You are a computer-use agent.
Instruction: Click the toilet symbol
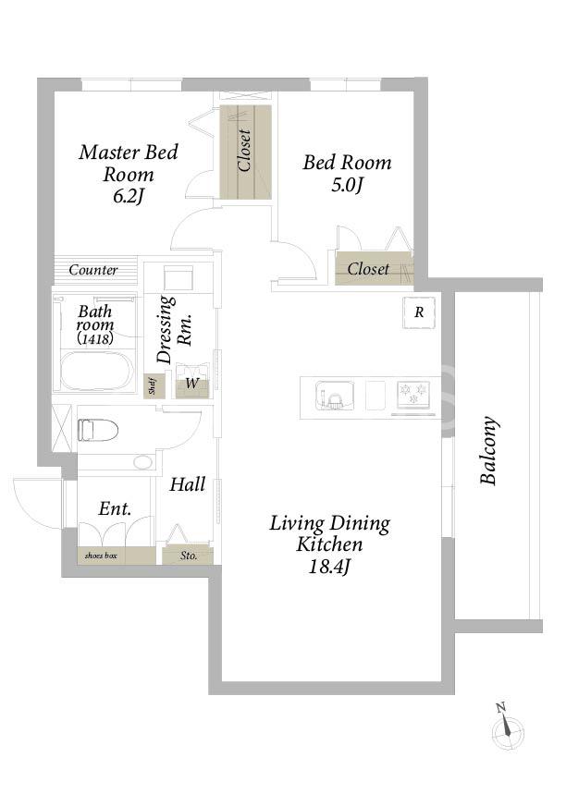tap(97, 431)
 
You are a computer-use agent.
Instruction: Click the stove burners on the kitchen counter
tap(414, 395)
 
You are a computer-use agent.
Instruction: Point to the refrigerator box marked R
tap(419, 312)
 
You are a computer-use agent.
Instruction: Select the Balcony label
tap(488, 451)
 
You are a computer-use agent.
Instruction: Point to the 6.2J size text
tap(129, 197)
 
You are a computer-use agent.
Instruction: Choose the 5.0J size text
tap(347, 186)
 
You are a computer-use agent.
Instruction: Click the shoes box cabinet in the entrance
tap(117, 556)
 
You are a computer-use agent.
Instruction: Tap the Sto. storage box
tap(189, 556)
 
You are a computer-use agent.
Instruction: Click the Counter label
tap(93, 270)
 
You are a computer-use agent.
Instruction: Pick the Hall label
tap(188, 484)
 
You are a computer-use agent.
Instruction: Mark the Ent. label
tap(115, 508)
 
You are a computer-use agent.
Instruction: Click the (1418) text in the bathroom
tap(95, 338)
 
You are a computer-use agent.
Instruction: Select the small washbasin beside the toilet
tap(143, 462)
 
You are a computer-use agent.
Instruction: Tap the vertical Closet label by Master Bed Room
tap(244, 151)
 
